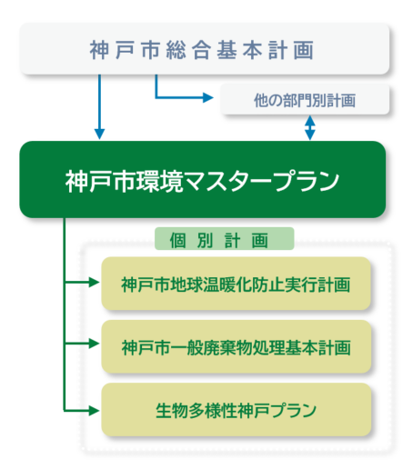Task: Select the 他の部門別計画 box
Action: click(305, 100)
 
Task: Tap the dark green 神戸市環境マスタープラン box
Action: click(202, 179)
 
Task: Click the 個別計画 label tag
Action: click(225, 239)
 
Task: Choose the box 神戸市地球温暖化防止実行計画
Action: click(236, 284)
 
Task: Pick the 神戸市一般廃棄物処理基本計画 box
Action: click(236, 347)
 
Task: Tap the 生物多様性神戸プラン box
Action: click(236, 408)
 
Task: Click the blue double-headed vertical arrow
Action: click(310, 128)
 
